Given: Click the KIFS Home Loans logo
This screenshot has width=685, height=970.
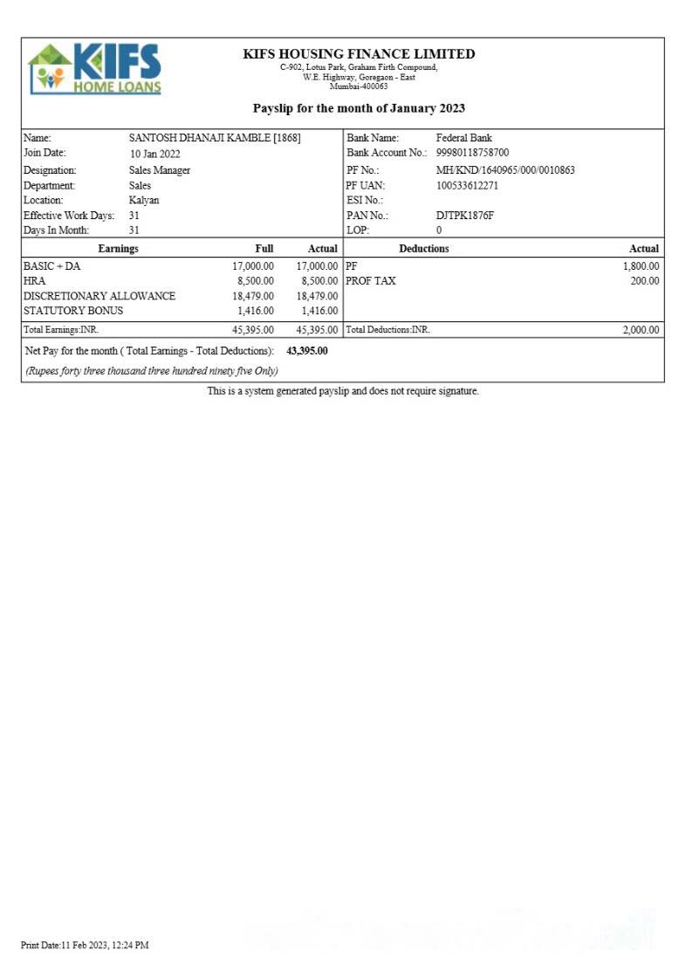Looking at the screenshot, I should [95, 68].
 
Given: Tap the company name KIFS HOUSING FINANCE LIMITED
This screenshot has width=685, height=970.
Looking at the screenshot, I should [359, 54].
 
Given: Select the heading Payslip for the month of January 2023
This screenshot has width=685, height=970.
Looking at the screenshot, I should [359, 108].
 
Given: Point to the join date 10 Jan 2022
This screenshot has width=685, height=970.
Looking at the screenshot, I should [154, 154].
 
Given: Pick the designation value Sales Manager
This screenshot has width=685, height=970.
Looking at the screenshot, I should [159, 170].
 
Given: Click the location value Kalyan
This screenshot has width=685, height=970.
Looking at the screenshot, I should [144, 200].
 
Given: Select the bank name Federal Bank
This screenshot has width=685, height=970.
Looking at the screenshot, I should [463, 138].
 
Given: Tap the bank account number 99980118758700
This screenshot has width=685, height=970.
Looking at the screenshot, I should [472, 153].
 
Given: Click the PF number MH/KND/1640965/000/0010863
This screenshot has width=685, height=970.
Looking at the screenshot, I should [505, 170].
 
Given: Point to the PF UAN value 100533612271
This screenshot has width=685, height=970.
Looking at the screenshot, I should [467, 185].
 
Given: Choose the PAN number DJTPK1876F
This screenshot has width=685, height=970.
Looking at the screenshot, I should [464, 215].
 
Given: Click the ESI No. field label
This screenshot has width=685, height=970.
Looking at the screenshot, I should [365, 200].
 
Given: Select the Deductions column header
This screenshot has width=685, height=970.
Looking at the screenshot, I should [424, 249].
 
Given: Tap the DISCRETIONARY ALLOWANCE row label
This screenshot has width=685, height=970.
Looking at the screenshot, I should [99, 296].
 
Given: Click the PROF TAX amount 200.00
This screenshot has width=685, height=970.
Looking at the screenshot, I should [645, 281].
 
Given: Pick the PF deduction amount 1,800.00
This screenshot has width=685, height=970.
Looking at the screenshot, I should [640, 266].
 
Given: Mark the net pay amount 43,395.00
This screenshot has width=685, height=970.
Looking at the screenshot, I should [307, 351].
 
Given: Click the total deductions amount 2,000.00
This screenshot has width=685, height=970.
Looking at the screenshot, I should [640, 330].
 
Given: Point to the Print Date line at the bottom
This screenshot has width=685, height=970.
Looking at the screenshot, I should [85, 945].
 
